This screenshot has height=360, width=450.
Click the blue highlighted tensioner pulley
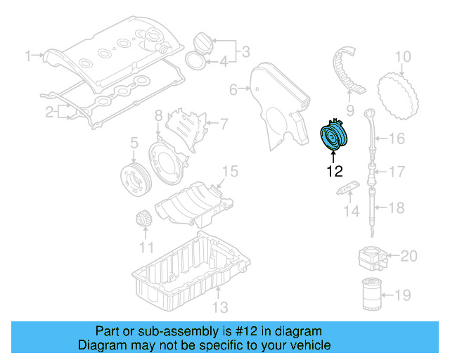[x=334, y=135]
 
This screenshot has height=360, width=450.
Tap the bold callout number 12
[x=335, y=172]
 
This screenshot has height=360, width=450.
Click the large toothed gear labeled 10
[x=397, y=96]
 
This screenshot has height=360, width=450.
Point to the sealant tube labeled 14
[x=349, y=187]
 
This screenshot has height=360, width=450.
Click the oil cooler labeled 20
[x=372, y=258]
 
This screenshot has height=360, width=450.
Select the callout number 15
[x=230, y=171]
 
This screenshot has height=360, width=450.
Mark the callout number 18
[x=397, y=207]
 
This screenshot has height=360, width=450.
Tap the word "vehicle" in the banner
[x=314, y=345]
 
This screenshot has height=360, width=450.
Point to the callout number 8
[x=159, y=116]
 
